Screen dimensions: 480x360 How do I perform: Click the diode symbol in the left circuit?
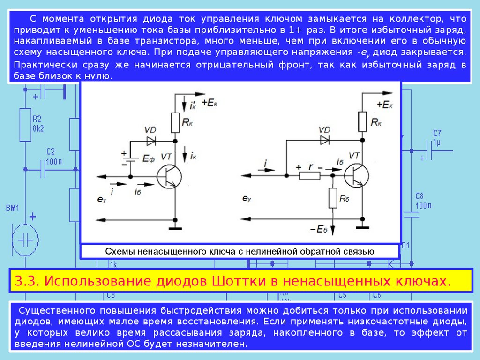click(151, 140)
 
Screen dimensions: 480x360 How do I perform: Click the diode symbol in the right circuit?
click(324, 140)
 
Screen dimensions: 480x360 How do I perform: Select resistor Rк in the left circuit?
click(175, 123)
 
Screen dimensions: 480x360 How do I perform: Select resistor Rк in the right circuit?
click(362, 121)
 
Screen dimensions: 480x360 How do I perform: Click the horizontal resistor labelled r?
click(309, 176)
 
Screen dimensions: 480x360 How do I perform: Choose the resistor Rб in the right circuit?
click(332, 198)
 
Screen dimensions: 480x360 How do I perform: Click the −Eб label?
click(318, 229)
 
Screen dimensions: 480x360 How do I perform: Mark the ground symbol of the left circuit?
click(175, 227)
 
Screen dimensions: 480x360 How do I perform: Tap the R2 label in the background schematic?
click(37, 118)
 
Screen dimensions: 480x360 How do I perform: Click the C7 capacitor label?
click(437, 133)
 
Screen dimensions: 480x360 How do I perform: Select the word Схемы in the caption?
click(120, 251)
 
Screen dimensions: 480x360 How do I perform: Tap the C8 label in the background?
click(420, 196)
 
